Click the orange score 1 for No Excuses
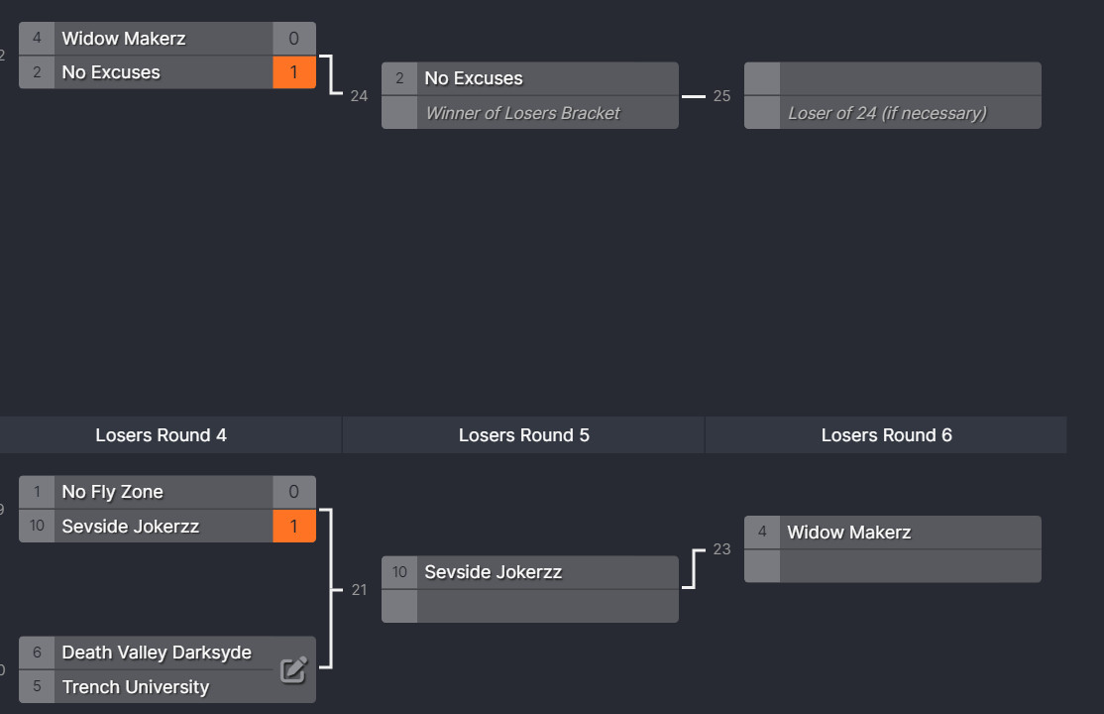click(293, 71)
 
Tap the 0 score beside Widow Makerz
click(293, 38)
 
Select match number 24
click(359, 96)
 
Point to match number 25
click(721, 96)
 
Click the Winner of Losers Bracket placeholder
click(522, 113)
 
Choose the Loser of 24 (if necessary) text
click(887, 113)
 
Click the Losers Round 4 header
click(162, 435)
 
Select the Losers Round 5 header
click(524, 435)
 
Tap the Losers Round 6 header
click(886, 435)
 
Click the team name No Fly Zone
click(113, 492)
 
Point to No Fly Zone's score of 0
click(293, 492)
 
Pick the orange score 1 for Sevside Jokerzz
click(293, 526)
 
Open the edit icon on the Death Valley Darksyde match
click(293, 669)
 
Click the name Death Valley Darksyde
click(157, 653)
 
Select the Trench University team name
click(135, 686)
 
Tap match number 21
click(359, 590)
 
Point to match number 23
click(721, 549)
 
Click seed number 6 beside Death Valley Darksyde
click(37, 653)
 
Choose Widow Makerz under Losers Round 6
click(849, 533)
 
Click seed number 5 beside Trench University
click(37, 686)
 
